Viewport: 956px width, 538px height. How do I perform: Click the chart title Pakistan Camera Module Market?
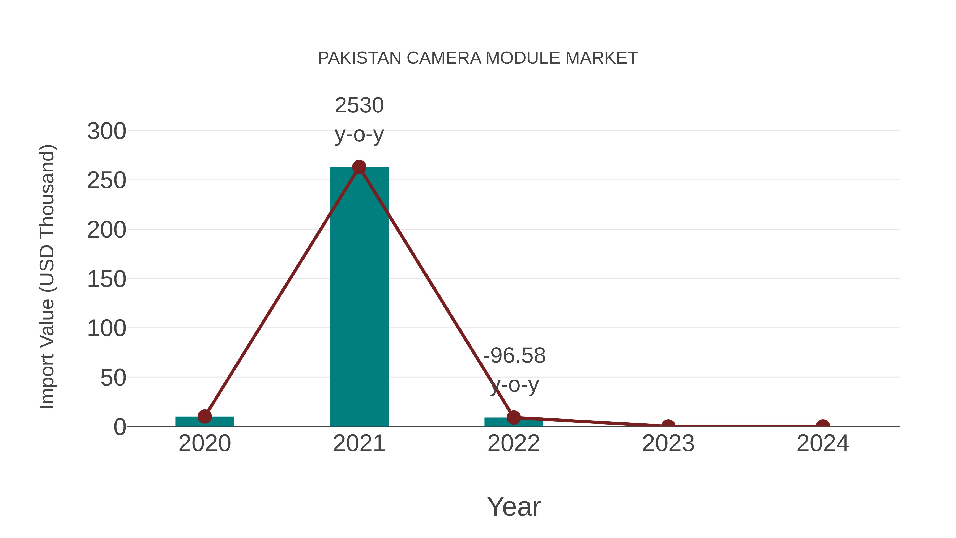[x=478, y=58]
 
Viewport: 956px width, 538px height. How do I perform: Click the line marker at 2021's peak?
[x=359, y=167]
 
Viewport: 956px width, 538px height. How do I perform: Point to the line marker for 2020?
[x=204, y=417]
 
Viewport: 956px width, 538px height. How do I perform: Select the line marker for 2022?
[x=514, y=417]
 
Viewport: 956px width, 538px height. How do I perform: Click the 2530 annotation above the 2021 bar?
[x=359, y=105]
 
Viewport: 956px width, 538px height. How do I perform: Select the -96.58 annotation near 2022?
[x=514, y=356]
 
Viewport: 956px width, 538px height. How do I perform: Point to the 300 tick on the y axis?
[x=106, y=132]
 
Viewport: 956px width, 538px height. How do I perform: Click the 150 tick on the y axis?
[x=106, y=279]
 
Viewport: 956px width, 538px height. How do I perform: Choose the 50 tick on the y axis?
[x=113, y=378]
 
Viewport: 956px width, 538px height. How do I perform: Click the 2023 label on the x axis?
[x=668, y=444]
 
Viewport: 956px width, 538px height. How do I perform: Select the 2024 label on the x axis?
[x=823, y=444]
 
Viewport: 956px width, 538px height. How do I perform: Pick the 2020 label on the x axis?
[x=204, y=444]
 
